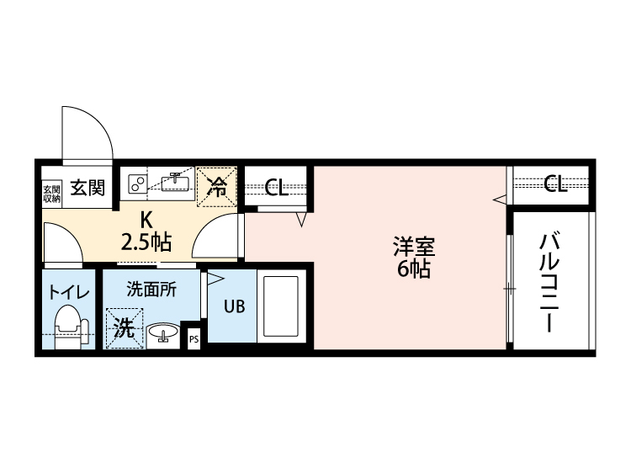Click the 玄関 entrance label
click(x=87, y=187)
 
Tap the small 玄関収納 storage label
click(x=51, y=193)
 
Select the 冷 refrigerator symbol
click(x=218, y=187)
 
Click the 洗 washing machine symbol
click(x=124, y=328)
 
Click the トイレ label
click(x=67, y=293)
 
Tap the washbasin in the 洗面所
click(x=163, y=334)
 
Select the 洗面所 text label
click(x=151, y=290)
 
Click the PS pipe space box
click(x=194, y=340)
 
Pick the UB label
click(x=234, y=306)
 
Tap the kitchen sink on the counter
click(x=178, y=182)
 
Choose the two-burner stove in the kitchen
click(x=135, y=183)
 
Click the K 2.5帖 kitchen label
click(x=146, y=231)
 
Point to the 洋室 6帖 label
click(x=413, y=258)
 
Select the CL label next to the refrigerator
click(x=277, y=187)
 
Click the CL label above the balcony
click(x=554, y=184)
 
